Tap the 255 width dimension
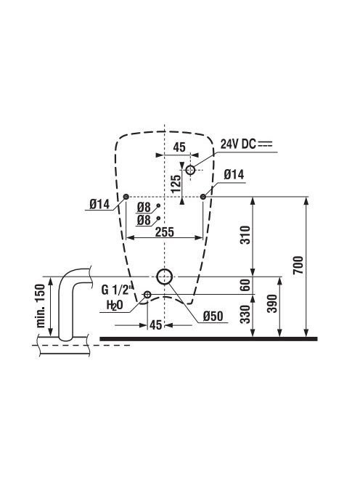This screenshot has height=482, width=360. tap(165, 232)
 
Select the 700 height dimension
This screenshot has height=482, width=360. tap(298, 265)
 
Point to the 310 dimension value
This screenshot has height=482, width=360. tap(245, 235)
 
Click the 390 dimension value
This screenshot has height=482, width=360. tap(271, 303)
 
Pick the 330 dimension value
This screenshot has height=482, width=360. tap(245, 314)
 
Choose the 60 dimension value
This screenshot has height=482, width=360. tap(245, 285)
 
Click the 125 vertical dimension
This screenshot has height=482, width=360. tap(176, 184)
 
